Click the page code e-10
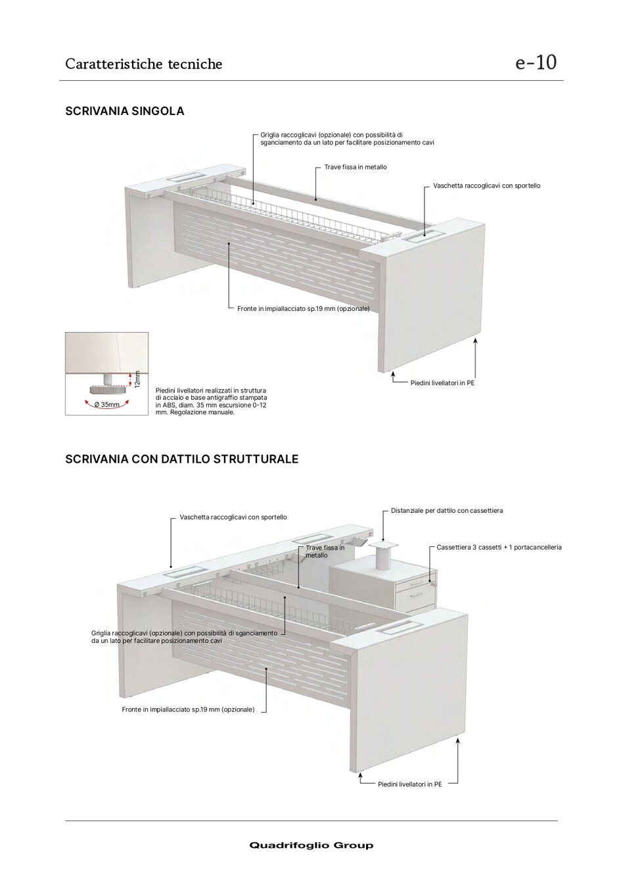(536, 62)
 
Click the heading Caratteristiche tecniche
(143, 64)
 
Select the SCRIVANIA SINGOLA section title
(124, 111)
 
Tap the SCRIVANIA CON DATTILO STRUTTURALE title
(181, 459)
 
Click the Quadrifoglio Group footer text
(311, 845)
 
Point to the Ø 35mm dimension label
(106, 404)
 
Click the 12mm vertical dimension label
(137, 379)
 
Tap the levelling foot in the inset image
(105, 383)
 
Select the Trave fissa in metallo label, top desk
(355, 167)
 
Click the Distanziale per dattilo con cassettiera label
(446, 511)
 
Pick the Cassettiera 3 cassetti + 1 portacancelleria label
(499, 547)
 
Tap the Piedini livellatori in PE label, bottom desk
(409, 784)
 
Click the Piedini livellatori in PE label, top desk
(442, 383)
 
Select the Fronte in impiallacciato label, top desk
(303, 309)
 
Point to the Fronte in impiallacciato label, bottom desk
(188, 709)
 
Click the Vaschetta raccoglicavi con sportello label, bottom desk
(233, 517)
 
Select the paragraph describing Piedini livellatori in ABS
(211, 401)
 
